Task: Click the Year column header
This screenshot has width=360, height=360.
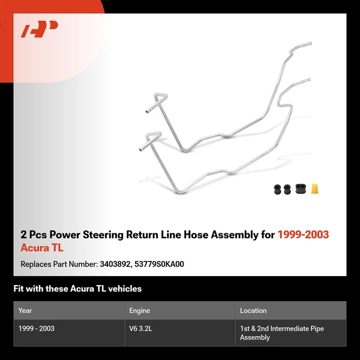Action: tap(25, 311)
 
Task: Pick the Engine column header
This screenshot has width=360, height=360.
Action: tap(139, 311)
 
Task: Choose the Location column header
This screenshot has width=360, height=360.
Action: tap(253, 311)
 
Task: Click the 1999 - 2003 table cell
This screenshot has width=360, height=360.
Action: tap(37, 329)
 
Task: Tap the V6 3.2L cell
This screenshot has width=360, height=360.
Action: tap(142, 329)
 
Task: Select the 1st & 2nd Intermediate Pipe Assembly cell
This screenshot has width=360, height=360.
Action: tap(270, 333)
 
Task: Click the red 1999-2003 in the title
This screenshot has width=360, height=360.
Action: tap(303, 235)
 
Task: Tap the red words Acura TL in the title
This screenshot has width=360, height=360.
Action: tap(42, 248)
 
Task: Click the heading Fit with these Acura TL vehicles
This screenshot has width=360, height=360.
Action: tap(77, 289)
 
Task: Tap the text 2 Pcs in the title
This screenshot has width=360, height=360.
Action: tap(32, 235)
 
